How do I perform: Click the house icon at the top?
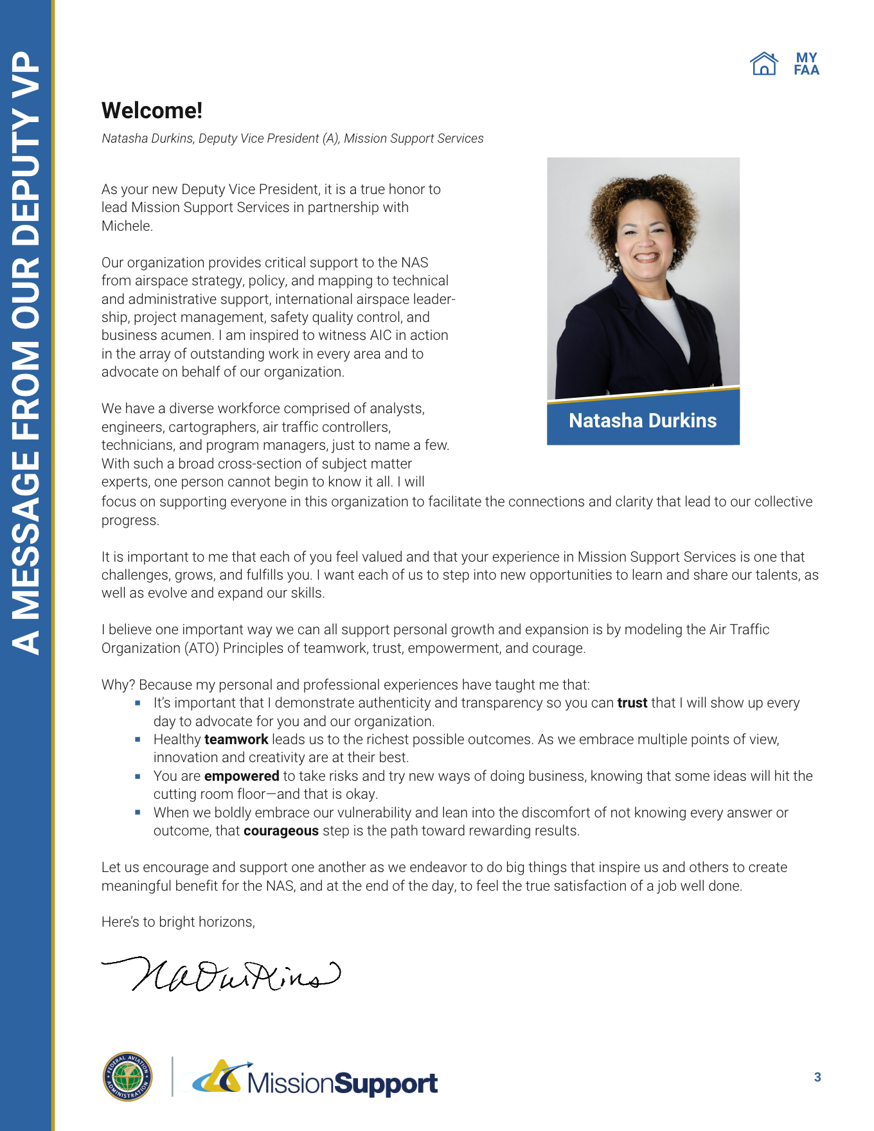coord(763,64)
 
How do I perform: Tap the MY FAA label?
coord(807,64)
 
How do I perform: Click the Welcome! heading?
coord(152,111)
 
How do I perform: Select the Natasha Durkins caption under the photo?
coord(643,420)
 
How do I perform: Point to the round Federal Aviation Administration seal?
coord(128,1076)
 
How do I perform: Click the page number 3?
coord(817,1077)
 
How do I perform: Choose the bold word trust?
coord(632,703)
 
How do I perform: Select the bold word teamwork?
coord(236,740)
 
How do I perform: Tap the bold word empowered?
coord(242,776)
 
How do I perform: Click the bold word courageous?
coord(281,831)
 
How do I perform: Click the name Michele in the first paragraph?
coord(127,226)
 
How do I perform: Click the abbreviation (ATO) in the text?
coord(202,648)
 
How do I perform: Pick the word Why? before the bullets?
coord(118,685)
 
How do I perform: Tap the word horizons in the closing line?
coord(226,922)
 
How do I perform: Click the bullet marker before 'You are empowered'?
coord(138,776)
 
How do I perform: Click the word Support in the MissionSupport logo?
coord(386,1083)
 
